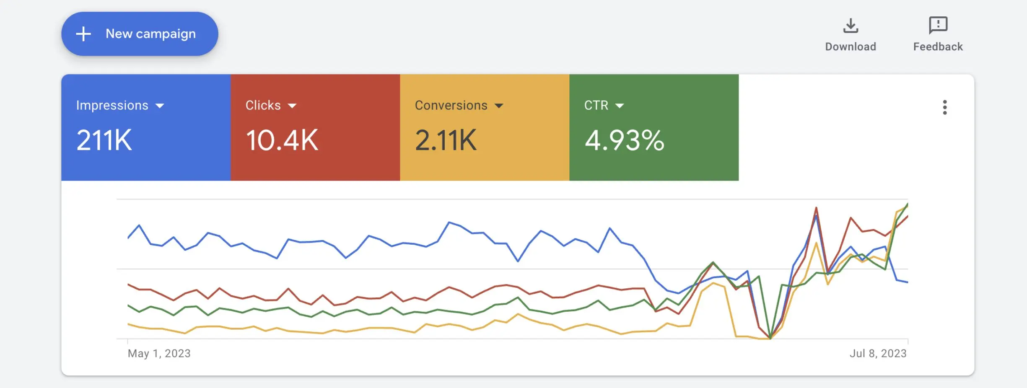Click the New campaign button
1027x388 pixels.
click(x=140, y=34)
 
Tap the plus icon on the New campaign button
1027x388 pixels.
click(x=83, y=34)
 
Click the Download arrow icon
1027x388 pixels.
click(x=851, y=26)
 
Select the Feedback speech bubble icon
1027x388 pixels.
click(x=938, y=25)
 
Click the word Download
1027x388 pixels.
click(x=851, y=47)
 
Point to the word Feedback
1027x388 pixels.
click(x=938, y=47)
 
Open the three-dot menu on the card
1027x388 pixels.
click(x=944, y=107)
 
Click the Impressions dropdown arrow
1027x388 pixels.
click(x=160, y=106)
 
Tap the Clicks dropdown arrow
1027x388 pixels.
click(x=292, y=106)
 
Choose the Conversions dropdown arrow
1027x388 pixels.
click(x=499, y=106)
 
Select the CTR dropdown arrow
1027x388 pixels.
click(x=620, y=106)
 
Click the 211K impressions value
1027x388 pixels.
click(x=104, y=140)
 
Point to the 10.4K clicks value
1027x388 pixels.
click(x=282, y=140)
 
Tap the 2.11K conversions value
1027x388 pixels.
click(x=446, y=140)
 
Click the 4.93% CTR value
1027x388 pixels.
click(x=624, y=140)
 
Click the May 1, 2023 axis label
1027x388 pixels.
click(x=159, y=353)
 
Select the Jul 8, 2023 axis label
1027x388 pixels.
click(x=878, y=353)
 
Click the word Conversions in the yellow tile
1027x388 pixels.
click(x=451, y=105)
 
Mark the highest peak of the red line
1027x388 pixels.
click(x=816, y=207)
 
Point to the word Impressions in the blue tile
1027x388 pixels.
click(x=112, y=105)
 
